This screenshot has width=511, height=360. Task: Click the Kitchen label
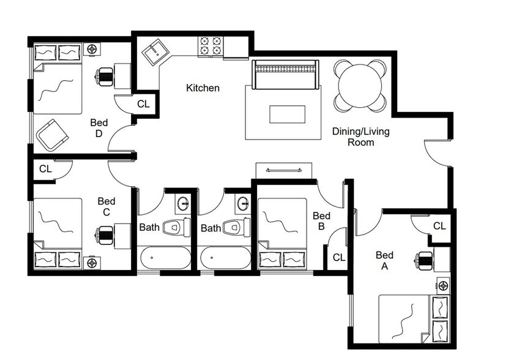click(x=203, y=88)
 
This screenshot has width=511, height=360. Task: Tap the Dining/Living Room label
click(x=360, y=137)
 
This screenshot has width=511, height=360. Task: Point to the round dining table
click(x=360, y=85)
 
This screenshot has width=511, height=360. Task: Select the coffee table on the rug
click(x=286, y=114)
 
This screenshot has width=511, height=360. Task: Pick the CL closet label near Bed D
click(x=143, y=104)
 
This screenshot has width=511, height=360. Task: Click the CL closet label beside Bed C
click(x=45, y=168)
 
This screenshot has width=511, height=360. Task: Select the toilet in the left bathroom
click(x=174, y=228)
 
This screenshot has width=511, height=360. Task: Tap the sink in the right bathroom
click(x=243, y=203)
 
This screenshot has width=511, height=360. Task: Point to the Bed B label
click(x=321, y=221)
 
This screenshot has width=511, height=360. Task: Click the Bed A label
click(x=384, y=261)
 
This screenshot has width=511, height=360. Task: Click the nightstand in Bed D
click(x=92, y=49)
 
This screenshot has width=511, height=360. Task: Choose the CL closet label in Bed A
click(x=439, y=226)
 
